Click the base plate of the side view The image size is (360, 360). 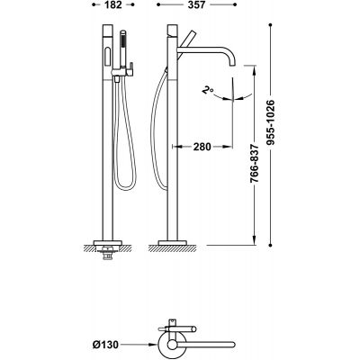tap(173, 243)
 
